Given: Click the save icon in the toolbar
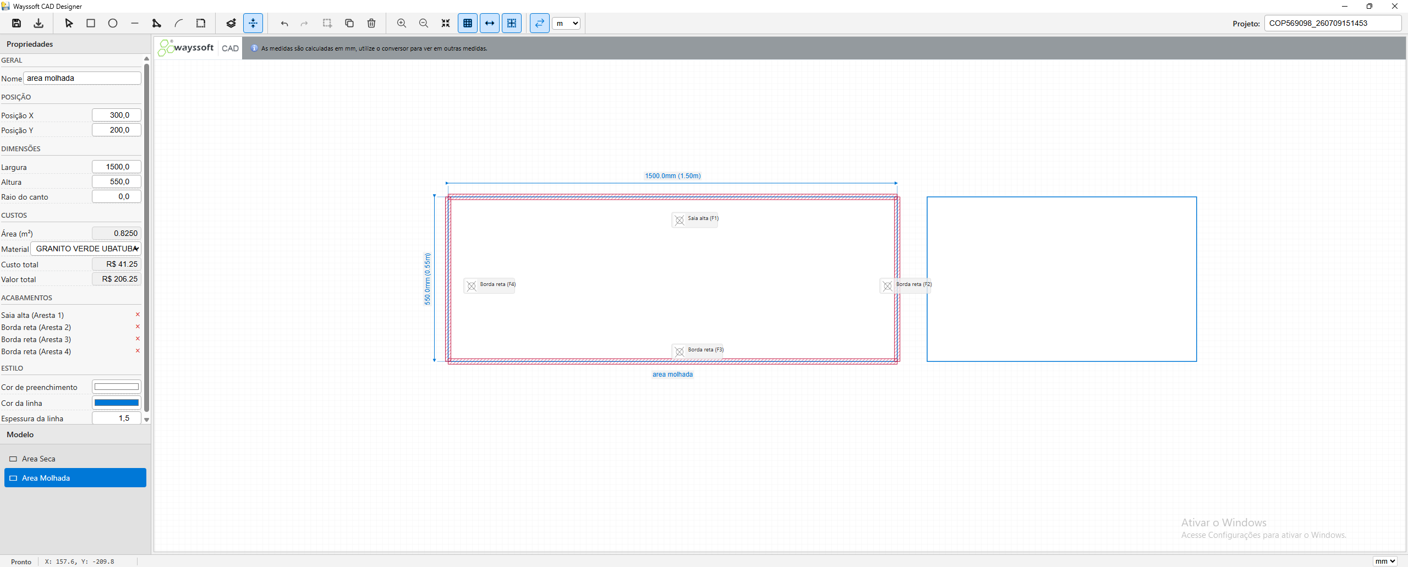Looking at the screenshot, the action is tap(17, 23).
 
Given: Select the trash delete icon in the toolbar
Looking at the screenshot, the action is tap(371, 23).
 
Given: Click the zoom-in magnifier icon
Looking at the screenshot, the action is tap(402, 23).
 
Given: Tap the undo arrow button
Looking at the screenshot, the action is tap(284, 23).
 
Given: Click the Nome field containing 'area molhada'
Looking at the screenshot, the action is tap(82, 78).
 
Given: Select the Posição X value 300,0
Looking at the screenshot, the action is tap(117, 115).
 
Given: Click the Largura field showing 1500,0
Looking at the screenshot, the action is tap(117, 167).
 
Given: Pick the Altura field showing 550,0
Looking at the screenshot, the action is tap(117, 181).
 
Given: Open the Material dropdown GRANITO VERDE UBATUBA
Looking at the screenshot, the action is tap(86, 249).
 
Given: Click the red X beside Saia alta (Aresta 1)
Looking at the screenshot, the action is tap(138, 315).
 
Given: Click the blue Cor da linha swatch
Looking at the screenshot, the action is tap(117, 403).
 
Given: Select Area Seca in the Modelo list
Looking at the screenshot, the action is tap(39, 459).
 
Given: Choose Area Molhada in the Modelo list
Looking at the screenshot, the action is tap(75, 478).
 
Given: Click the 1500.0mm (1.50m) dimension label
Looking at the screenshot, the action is tap(672, 176).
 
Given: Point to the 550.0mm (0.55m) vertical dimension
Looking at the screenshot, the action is tap(428, 279).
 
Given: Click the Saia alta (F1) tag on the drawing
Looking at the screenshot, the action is tap(695, 219).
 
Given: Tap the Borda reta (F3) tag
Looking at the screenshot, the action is tap(698, 350).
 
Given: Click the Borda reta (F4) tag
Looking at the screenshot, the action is tap(490, 285).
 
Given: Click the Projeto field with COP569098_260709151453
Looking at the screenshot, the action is tap(1333, 23).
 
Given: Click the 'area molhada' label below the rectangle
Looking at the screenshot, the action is tap(672, 375).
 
